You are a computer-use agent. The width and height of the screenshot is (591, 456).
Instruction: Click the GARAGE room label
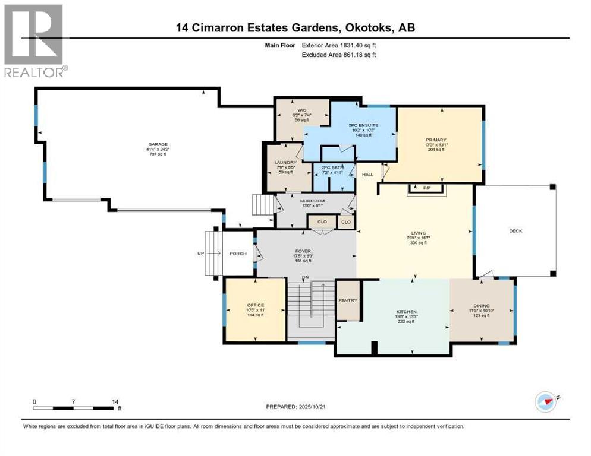tap(158, 144)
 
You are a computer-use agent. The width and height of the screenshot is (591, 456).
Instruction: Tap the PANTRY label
tap(348, 300)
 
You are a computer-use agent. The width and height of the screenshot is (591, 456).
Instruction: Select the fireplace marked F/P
tap(426, 188)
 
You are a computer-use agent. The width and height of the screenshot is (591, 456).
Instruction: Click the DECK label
tap(515, 231)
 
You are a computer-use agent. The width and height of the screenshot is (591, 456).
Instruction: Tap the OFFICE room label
tap(255, 305)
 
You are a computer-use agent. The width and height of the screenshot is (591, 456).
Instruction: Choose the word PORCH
tap(238, 254)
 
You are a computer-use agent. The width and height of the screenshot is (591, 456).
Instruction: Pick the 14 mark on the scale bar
tap(115, 402)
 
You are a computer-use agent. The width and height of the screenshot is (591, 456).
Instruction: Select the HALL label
tap(368, 174)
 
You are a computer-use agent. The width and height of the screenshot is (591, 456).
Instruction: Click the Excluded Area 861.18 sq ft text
tap(339, 55)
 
